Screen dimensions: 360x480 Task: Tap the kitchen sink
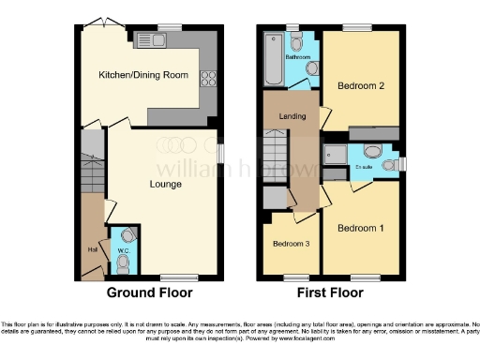pyautogui.click(x=149, y=40)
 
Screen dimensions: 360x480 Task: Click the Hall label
pyautogui.click(x=92, y=249)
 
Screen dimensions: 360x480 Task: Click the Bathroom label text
pyautogui.click(x=297, y=58)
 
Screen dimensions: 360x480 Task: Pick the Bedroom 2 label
pyautogui.click(x=360, y=85)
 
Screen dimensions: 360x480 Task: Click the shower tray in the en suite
pyautogui.click(x=334, y=155)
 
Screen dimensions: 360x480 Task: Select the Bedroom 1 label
pyautogui.click(x=360, y=228)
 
